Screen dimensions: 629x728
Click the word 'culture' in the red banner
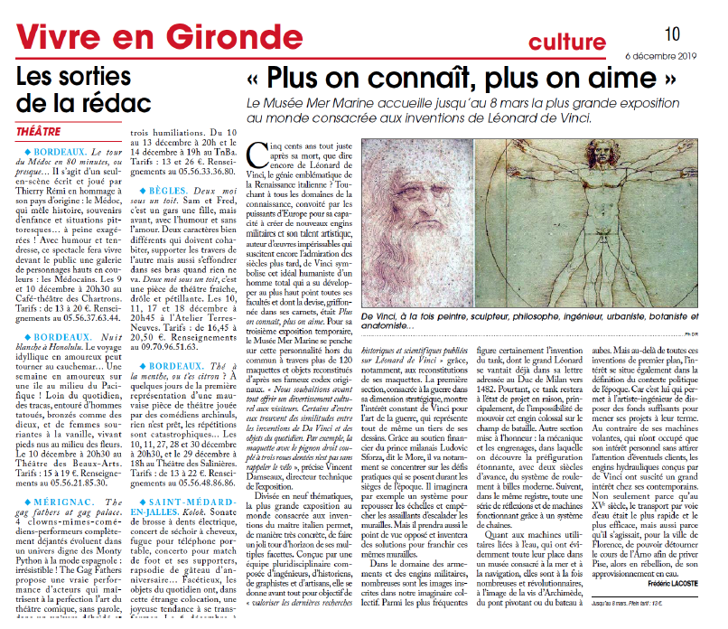click(x=567, y=42)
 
